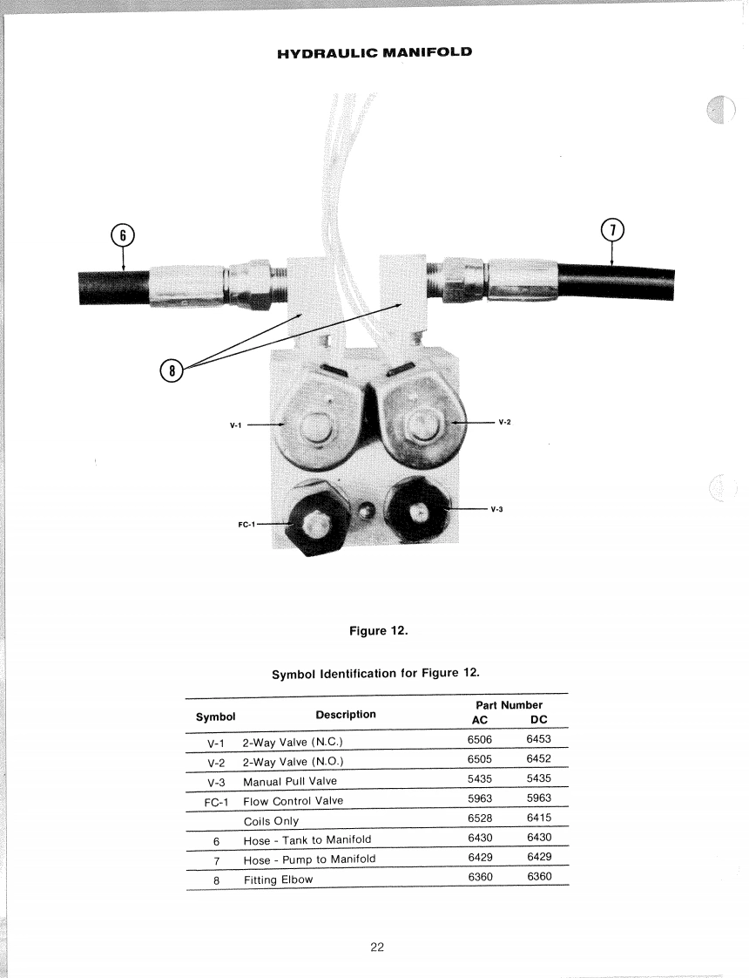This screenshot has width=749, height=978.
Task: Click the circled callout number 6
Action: [x=124, y=234]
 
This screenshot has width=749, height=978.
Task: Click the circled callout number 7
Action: [x=613, y=230]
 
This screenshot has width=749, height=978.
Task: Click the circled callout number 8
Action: [x=172, y=371]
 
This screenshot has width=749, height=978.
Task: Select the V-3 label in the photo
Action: [x=496, y=509]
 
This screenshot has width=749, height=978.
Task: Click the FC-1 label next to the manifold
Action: [x=247, y=525]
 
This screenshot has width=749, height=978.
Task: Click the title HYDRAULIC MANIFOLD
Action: [x=374, y=52]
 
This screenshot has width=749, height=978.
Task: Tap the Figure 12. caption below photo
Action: [x=378, y=631]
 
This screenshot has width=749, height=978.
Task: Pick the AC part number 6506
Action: [x=480, y=739]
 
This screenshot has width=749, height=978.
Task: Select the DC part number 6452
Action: [x=538, y=758]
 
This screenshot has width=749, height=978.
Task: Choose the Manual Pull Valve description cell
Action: [x=289, y=780]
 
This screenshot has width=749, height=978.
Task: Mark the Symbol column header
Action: [x=215, y=717]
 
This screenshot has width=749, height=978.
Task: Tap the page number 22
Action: [x=377, y=947]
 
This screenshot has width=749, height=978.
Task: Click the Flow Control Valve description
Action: [x=293, y=800]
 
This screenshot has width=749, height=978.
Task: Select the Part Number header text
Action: [x=509, y=704]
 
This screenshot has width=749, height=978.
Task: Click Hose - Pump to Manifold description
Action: [x=309, y=859]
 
